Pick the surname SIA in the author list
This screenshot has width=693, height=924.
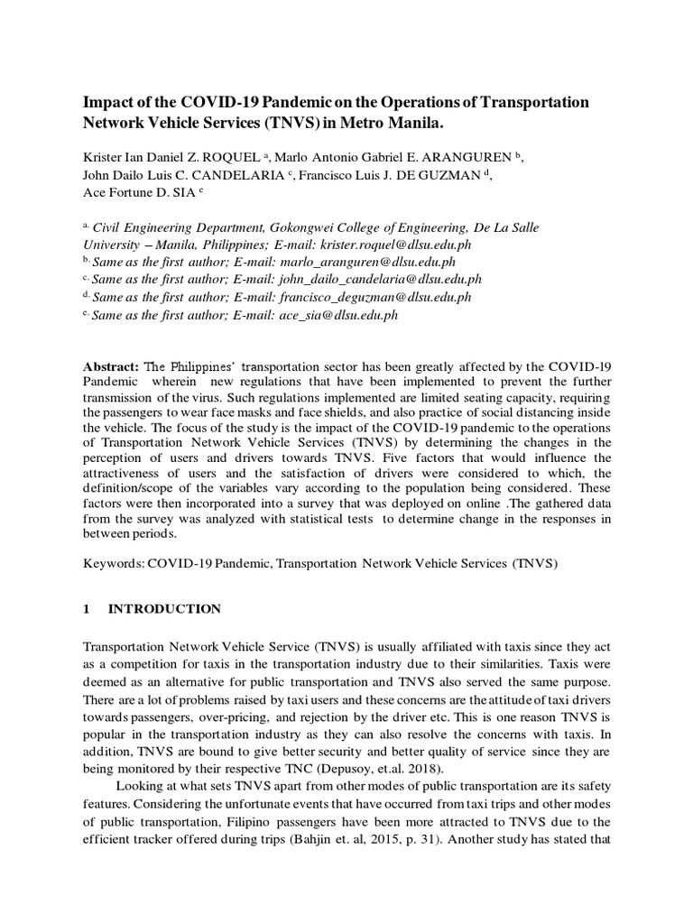coord(197,193)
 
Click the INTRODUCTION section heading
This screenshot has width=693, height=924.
coord(164,609)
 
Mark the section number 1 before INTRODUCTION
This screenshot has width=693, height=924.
coord(87,609)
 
